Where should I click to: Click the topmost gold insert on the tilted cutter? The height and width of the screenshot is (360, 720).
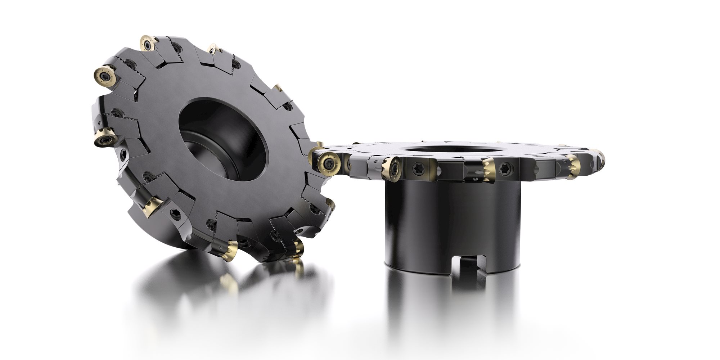click(x=148, y=44)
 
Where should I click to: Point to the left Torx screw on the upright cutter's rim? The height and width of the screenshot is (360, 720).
click(x=419, y=167)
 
